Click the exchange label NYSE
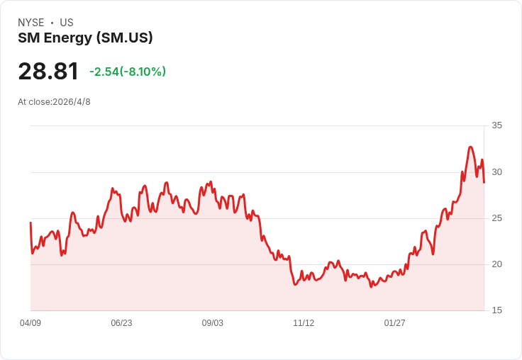31,23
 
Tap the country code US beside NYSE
67,23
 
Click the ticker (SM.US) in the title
125,38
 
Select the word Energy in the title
68,38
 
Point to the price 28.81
48,71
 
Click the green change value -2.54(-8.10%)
128,72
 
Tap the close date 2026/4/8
72,102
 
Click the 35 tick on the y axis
496,125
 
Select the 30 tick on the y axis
496,172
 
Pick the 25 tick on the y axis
496,218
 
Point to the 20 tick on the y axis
496,264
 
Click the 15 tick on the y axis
496,310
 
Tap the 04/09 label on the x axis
30,323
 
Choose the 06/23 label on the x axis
121,323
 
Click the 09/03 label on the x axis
212,323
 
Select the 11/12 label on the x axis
304,323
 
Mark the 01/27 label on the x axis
394,323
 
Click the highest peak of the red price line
470,147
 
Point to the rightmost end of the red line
484,182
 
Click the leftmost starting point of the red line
30,223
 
